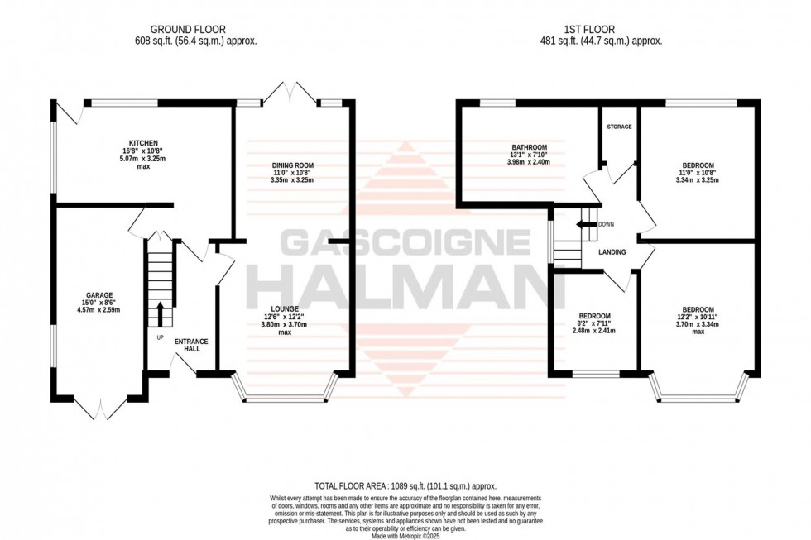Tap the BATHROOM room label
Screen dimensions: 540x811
(529, 147)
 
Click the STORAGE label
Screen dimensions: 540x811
(619, 127)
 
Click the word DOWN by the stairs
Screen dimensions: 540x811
(607, 224)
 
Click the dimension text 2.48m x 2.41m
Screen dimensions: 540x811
(594, 331)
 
